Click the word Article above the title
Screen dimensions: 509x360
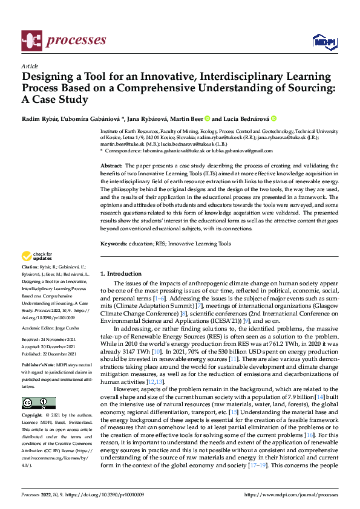click(x=30, y=66)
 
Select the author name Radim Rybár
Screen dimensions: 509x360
click(x=41, y=118)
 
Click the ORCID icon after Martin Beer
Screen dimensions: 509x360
click(x=207, y=118)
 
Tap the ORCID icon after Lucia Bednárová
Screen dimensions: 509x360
click(x=273, y=118)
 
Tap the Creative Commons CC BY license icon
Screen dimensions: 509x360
click(x=38, y=403)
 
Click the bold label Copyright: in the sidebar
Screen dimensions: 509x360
click(x=33, y=417)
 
